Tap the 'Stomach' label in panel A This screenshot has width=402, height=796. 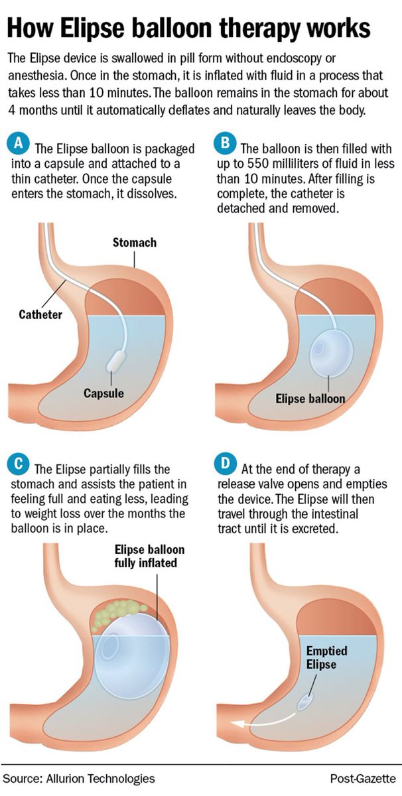pyautogui.click(x=135, y=242)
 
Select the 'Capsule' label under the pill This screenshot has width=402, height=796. pyautogui.click(x=103, y=393)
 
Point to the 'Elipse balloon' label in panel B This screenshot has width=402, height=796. pyautogui.click(x=310, y=399)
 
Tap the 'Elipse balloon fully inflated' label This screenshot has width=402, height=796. pyautogui.click(x=150, y=557)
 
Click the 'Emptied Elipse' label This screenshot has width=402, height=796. pyautogui.click(x=326, y=657)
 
